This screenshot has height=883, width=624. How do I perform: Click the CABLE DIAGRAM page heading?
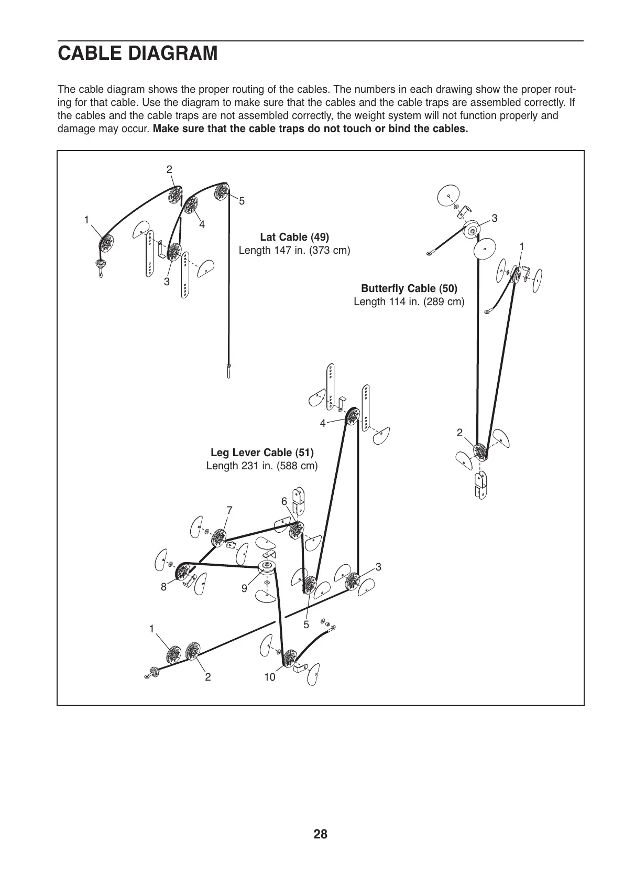[x=137, y=53]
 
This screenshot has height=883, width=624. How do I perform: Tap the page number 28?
[x=320, y=834]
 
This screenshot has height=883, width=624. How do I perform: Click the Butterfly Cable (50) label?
[x=409, y=288]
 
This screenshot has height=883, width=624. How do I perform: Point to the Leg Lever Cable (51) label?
[x=262, y=452]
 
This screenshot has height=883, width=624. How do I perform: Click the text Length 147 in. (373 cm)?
[x=294, y=250]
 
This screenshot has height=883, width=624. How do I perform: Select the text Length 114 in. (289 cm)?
[x=409, y=302]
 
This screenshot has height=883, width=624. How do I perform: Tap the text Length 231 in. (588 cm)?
[x=262, y=466]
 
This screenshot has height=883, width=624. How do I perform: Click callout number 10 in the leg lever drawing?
[x=269, y=677]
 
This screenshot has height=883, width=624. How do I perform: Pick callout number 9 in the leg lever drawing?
[x=244, y=588]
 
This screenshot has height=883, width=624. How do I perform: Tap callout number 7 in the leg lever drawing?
[x=229, y=510]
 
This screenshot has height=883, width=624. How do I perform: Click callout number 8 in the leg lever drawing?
[x=163, y=587]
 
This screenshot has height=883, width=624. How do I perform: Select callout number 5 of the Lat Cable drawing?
[x=242, y=201]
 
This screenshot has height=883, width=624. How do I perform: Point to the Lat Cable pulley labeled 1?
[x=106, y=243]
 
